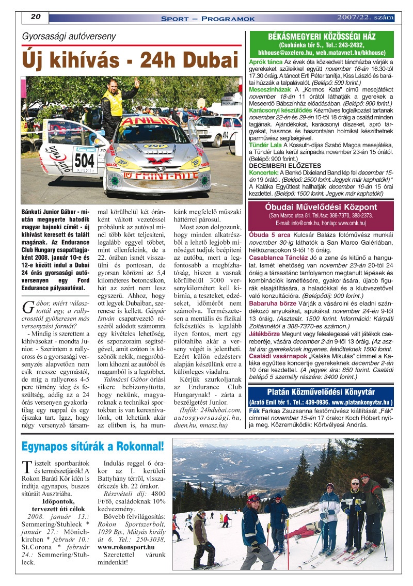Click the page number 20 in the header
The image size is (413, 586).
click(x=36, y=17)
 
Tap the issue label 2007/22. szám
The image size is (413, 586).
click(x=365, y=18)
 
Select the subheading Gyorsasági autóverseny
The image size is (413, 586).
click(x=69, y=37)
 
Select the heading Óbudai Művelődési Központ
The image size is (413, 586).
click(x=321, y=207)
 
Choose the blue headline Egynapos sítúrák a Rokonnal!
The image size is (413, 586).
click(x=93, y=446)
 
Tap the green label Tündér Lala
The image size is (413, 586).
click(x=263, y=146)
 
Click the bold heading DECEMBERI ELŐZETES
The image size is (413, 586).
click(x=285, y=165)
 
